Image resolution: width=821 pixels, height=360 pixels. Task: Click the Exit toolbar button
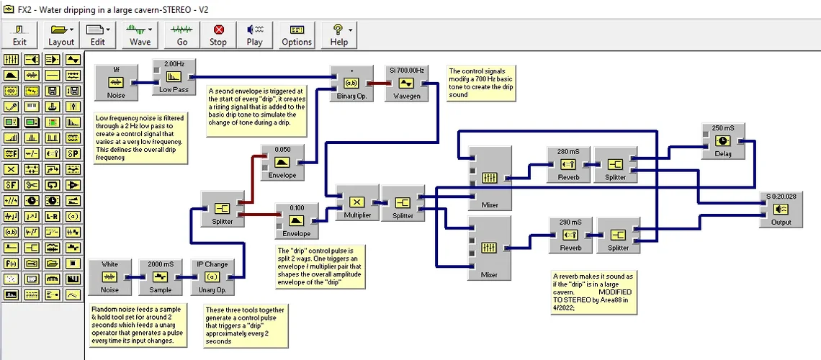pos(19,34)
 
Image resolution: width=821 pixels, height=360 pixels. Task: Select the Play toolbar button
pos(254,34)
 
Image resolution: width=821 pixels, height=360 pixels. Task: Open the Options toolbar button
pos(297,34)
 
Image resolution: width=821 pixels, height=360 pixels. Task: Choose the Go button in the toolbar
pos(182,34)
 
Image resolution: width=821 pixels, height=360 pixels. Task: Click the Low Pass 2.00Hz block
pos(174,77)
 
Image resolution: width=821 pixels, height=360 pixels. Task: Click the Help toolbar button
pos(338,34)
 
